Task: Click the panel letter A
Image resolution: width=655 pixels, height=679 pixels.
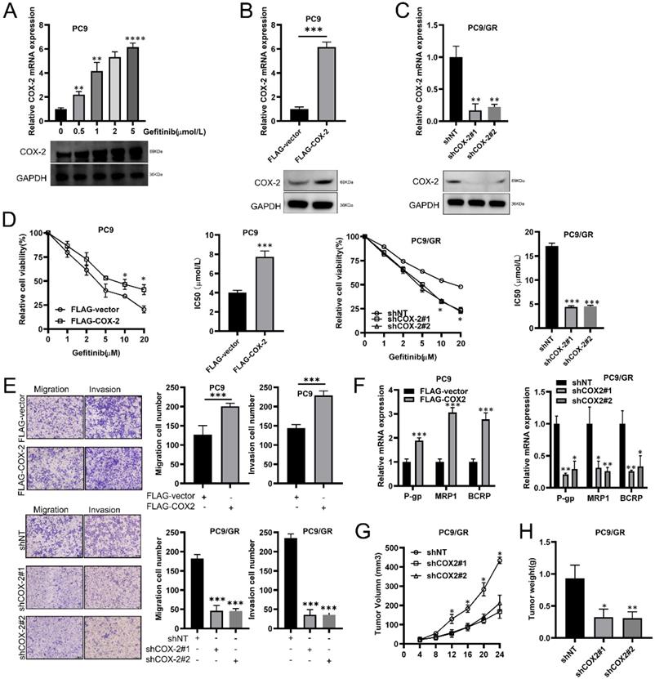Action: pos(10,9)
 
